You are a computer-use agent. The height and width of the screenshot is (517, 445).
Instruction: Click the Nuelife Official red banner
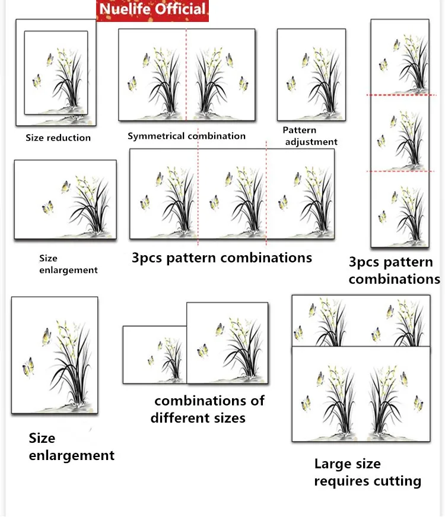[152, 11]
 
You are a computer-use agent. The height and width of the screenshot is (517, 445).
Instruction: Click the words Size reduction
[58, 138]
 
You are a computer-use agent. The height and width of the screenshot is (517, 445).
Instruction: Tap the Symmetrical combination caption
[186, 136]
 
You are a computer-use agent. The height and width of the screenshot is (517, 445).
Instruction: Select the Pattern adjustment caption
[310, 136]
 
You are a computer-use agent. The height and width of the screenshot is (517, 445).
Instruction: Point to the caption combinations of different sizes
[208, 409]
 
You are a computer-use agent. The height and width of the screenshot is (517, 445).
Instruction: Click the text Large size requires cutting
[367, 472]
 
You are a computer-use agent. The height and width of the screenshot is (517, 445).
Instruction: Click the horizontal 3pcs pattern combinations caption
[222, 258]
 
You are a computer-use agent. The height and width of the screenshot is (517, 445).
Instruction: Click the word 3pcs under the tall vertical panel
[363, 262]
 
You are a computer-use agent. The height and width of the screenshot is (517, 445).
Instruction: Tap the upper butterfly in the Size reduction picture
[50, 60]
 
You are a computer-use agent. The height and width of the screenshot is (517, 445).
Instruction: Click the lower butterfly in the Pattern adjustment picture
[291, 84]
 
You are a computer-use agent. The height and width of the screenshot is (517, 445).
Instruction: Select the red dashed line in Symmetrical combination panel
[186, 75]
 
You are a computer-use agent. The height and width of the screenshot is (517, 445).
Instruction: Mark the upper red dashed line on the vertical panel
[401, 95]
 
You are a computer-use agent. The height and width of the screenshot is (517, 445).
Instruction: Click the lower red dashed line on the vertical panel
[400, 172]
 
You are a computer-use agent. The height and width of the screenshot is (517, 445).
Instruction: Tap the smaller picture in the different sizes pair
[155, 355]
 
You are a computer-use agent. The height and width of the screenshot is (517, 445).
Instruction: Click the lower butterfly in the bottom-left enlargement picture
[28, 367]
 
